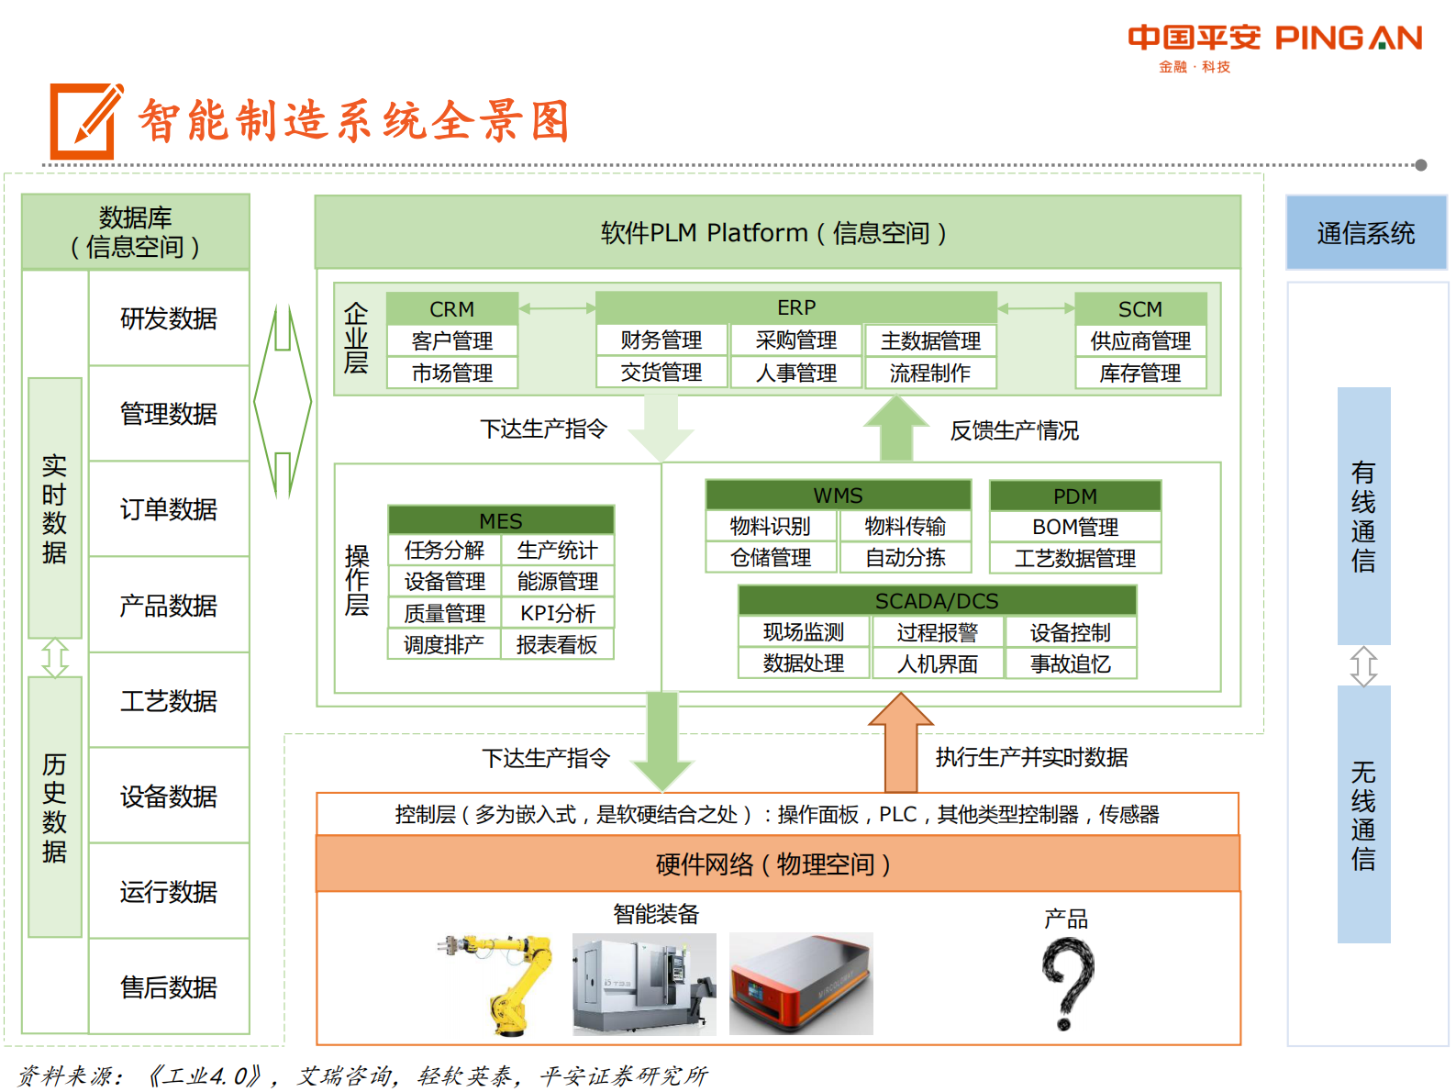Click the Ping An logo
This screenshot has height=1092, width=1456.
pyautogui.click(x=1274, y=47)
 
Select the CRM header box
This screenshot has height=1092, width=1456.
pyautogui.click(x=452, y=309)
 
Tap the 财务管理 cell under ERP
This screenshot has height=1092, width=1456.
pyautogui.click(x=661, y=340)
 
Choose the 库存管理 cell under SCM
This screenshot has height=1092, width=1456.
pyautogui.click(x=1140, y=373)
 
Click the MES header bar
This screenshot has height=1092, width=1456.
pyautogui.click(x=501, y=520)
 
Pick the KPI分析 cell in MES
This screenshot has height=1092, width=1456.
pyautogui.click(x=558, y=613)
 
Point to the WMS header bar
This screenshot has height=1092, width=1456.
pyautogui.click(x=838, y=496)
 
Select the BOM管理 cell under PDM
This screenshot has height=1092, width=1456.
pyautogui.click(x=1075, y=528)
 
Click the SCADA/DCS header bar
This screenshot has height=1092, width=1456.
pyautogui.click(x=937, y=601)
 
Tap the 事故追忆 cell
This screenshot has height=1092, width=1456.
pyautogui.click(x=1071, y=663)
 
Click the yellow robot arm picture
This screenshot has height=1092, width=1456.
pyautogui.click(x=500, y=982)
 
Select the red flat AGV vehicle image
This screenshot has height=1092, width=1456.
pyautogui.click(x=801, y=984)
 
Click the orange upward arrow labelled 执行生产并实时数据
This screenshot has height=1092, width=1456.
pyautogui.click(x=901, y=743)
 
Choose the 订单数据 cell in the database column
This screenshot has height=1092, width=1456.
pyautogui.click(x=169, y=509)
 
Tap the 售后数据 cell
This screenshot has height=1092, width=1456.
pyautogui.click(x=169, y=987)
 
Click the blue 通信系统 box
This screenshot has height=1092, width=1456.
pyautogui.click(x=1366, y=233)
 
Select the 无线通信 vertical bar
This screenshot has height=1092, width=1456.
pyautogui.click(x=1363, y=814)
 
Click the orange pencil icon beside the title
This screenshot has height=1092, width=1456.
pyautogui.click(x=85, y=121)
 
